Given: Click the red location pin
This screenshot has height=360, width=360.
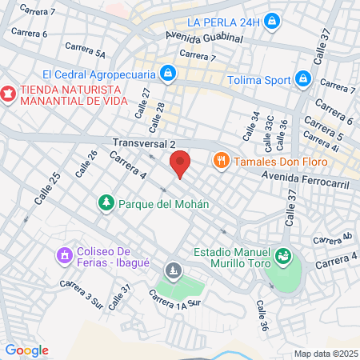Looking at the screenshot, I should coord(181,162).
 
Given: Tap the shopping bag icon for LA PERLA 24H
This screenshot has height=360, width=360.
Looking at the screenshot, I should coord(272,19).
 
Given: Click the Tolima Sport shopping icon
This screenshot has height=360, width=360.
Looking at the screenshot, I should coord(303,79).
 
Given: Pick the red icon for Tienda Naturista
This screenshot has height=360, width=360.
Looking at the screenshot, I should coord(9,93).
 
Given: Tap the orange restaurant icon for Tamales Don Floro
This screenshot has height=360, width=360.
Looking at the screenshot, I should coord(222,161).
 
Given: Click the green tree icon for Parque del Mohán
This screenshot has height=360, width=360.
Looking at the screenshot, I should coord(105,203).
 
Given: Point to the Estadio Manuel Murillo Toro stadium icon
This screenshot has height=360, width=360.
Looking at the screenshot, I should coord(282,257).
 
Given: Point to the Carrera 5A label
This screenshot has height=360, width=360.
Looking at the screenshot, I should coord(89,53).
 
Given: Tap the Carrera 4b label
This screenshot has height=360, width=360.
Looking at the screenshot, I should coord(332,238).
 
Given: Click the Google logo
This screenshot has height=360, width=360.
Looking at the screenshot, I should coord(26,350).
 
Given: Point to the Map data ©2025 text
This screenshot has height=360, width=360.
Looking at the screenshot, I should coord(325,354).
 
